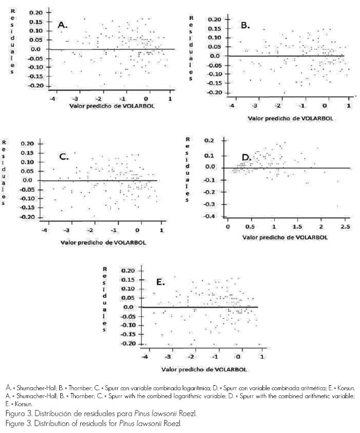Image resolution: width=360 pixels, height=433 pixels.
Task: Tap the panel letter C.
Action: [64, 156]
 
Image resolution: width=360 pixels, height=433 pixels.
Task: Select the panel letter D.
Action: [245, 158]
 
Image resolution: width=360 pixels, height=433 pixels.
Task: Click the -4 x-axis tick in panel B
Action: [231, 106]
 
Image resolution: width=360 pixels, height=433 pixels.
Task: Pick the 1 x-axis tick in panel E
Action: [261, 357]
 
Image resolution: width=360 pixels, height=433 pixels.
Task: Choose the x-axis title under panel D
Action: [285, 237]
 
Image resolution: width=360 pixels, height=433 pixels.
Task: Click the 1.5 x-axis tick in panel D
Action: [297, 227]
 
